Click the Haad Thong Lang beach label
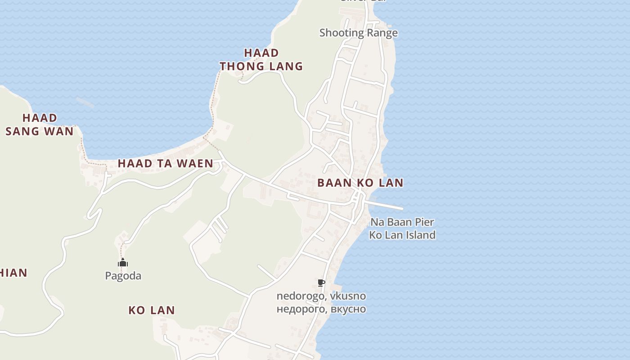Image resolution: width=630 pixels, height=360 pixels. point(261,59)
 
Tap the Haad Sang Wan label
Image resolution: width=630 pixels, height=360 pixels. point(40,125)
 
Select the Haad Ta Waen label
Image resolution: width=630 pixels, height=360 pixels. point(166,163)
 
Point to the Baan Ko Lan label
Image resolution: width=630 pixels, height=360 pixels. point(360,183)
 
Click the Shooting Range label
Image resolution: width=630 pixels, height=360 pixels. point(358,33)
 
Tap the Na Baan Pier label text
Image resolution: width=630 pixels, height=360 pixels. point(402,222)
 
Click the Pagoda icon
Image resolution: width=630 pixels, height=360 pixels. point(123,263)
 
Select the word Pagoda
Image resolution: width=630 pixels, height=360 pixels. point(123,276)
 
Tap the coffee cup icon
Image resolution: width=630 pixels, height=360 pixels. point(321,283)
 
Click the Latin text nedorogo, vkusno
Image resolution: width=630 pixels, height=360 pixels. point(321,296)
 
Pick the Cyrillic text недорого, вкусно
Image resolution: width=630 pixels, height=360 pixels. point(321,309)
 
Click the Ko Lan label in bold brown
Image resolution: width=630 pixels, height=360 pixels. point(152,310)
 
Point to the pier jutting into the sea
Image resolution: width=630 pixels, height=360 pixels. point(385,205)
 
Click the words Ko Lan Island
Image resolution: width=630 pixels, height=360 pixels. point(402,235)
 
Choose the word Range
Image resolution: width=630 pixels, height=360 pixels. point(382,33)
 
